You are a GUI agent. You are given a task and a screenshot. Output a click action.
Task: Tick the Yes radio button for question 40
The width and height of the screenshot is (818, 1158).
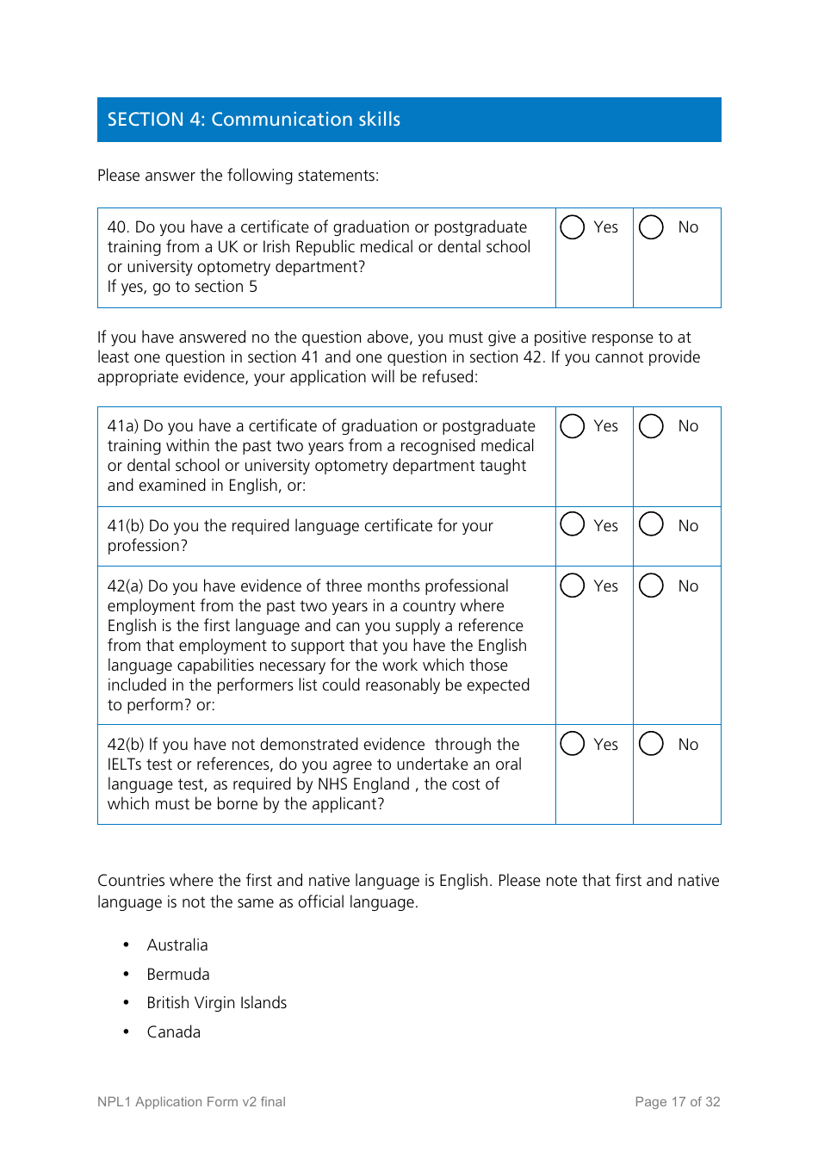point(573,227)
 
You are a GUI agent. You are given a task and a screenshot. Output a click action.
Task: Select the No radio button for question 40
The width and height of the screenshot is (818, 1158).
point(651,227)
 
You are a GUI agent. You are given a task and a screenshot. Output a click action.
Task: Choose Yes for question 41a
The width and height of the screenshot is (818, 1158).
point(573,426)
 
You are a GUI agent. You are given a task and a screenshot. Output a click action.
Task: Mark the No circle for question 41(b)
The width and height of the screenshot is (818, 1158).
point(651,524)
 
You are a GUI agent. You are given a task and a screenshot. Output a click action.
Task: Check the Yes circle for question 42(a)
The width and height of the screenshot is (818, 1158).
point(573,585)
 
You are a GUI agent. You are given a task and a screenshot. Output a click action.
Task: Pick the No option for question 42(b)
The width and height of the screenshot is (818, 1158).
point(651,744)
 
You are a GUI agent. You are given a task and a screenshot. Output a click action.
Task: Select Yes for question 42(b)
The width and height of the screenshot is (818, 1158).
point(573,744)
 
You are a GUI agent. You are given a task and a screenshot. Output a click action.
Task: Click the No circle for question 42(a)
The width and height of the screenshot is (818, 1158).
point(651,585)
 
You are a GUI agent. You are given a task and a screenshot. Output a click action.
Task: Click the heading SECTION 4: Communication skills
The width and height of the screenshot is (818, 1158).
point(254,120)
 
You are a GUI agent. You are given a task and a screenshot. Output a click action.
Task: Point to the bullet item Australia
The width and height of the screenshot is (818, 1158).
point(177,945)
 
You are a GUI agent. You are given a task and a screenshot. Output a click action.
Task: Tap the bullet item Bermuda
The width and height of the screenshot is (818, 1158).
point(178,975)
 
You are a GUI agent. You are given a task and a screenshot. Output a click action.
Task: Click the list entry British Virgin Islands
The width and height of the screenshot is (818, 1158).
point(217,1003)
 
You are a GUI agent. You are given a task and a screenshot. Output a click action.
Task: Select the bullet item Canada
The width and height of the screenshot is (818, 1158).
point(174,1032)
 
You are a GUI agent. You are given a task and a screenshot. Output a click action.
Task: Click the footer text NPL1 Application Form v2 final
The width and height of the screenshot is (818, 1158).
point(191,1102)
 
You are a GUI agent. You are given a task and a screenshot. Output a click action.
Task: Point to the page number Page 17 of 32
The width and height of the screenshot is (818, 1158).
point(677,1102)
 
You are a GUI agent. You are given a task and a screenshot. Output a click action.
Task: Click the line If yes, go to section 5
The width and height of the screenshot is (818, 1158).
point(183,287)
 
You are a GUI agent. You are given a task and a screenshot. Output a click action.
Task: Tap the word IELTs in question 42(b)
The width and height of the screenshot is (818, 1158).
point(126,765)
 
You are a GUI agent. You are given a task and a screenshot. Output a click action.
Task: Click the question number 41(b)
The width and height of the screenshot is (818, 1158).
point(126,526)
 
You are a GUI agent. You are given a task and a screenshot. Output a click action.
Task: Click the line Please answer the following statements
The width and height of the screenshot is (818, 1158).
point(238,176)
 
